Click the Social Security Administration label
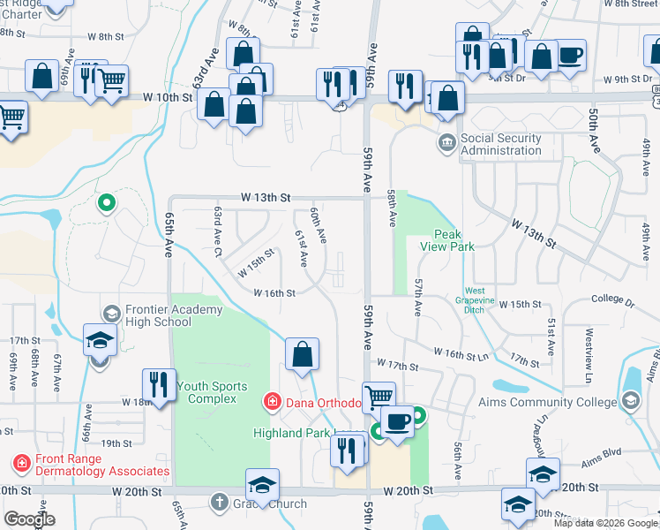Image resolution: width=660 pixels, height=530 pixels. (x=501, y=145)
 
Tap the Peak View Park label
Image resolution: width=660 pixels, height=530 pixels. (x=454, y=240)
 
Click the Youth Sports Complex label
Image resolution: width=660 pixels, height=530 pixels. (x=206, y=392)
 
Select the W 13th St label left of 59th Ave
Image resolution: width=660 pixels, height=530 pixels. (x=262, y=198)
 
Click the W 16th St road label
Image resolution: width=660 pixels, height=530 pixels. (x=274, y=292)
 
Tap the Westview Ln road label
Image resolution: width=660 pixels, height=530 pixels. (x=587, y=343)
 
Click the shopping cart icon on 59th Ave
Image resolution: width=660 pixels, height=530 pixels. (x=379, y=398)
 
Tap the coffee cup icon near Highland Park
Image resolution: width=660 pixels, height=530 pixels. (x=398, y=421)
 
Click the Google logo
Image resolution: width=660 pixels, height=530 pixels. (x=29, y=519)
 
